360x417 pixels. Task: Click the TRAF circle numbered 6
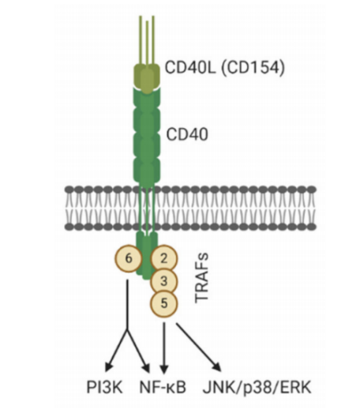coord(129,258)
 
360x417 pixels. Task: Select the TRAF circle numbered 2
coord(163,258)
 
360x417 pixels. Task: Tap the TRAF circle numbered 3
coord(163,281)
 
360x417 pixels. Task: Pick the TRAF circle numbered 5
coord(163,304)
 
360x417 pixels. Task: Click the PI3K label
coord(104,387)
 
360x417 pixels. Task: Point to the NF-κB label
coord(163,387)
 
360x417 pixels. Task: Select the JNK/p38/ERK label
coord(257,387)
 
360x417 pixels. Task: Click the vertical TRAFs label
coord(202,278)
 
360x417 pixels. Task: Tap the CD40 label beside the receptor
coord(187,134)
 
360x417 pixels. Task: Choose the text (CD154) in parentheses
coord(253,67)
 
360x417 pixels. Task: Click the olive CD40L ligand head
coord(147,77)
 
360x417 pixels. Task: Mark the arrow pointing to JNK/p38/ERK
coord(199,347)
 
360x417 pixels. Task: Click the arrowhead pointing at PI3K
coord(108,366)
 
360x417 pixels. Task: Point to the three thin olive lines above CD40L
coord(147,41)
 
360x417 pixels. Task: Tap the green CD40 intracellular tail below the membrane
coord(147,256)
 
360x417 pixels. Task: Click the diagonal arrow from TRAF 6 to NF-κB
coord(138,351)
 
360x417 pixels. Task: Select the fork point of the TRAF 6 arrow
coord(127,330)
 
